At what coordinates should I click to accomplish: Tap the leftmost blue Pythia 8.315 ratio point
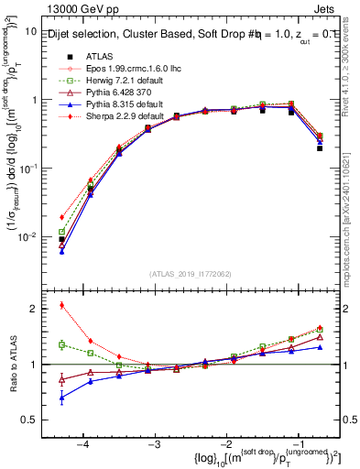tap(61, 398)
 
